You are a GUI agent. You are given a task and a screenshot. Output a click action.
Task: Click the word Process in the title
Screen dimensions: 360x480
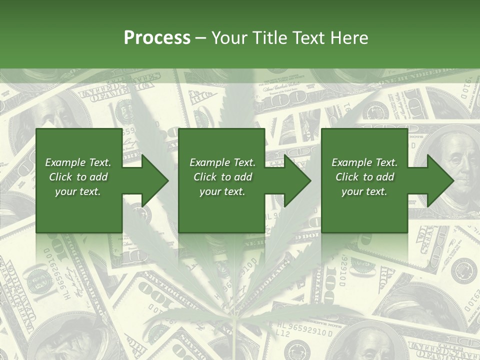(157, 38)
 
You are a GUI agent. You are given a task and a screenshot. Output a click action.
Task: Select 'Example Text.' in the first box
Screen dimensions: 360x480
(78, 162)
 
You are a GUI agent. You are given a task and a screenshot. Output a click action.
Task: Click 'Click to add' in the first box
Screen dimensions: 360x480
(78, 177)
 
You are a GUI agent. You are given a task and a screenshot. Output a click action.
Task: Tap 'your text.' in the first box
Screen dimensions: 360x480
(78, 191)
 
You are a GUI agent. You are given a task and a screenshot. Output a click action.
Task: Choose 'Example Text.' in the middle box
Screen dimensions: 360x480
(222, 162)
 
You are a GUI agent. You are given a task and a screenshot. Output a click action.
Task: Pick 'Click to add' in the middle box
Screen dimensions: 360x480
(222, 177)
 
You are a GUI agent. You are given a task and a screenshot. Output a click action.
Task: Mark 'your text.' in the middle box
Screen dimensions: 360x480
(222, 191)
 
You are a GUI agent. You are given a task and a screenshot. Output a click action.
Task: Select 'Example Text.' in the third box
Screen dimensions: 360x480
(364, 162)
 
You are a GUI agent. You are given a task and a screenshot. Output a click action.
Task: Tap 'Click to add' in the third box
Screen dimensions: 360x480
(364, 177)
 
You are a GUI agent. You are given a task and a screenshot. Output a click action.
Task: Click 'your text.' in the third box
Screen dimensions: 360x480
(364, 191)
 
